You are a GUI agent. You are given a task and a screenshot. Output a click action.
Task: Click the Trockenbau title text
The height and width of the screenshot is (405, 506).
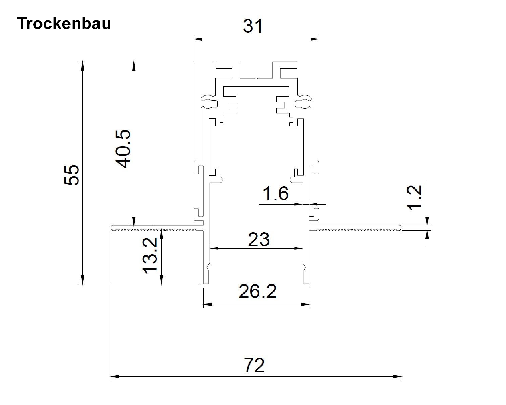click(x=64, y=24)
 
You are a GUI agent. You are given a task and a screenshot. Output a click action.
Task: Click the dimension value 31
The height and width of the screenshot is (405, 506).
click(x=253, y=26)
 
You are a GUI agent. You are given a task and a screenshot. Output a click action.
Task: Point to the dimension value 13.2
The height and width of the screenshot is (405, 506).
click(x=149, y=255)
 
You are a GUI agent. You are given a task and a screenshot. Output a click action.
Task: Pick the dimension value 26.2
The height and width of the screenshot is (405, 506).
click(x=257, y=292)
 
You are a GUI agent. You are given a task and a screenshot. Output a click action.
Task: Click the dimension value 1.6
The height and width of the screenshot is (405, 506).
click(x=276, y=194)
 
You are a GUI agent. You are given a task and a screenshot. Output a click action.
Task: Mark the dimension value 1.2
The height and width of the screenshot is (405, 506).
click(x=415, y=197)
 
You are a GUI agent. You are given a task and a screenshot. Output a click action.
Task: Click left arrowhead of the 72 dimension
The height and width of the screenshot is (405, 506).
click(x=115, y=376)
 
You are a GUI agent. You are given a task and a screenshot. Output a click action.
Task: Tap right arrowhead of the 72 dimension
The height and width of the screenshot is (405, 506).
click(x=398, y=376)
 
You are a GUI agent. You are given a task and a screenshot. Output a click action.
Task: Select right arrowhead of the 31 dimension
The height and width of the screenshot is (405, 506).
click(x=315, y=39)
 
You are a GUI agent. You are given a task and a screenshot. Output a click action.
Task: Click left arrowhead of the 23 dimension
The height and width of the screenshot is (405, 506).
click(x=214, y=248)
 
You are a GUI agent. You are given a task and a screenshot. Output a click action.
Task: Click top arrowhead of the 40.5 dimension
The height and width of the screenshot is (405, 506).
click(x=134, y=65)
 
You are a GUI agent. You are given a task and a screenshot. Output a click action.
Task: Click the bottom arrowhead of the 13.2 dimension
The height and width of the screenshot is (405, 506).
click(x=162, y=280)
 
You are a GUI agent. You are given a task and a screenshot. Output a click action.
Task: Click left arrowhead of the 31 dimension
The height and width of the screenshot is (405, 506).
click(x=197, y=39)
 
